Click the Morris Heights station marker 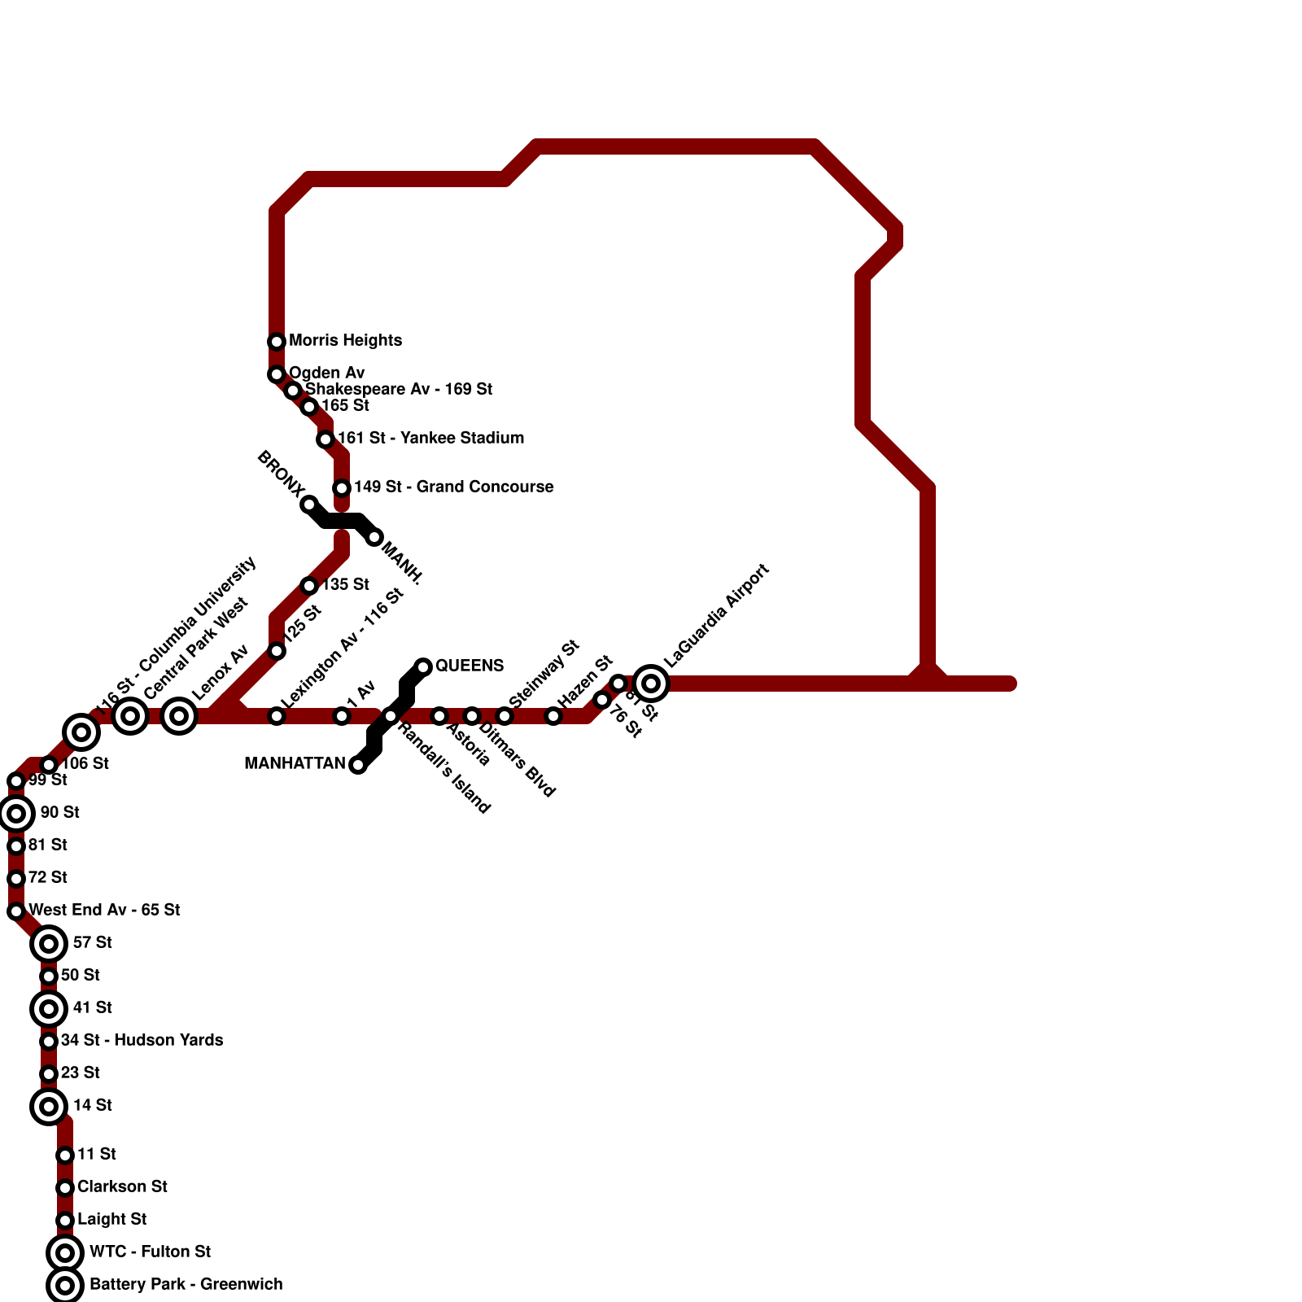(x=277, y=342)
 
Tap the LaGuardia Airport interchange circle (x=651, y=684)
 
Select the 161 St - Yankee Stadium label (x=430, y=439)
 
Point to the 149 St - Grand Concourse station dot (x=342, y=488)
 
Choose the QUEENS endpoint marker (x=423, y=667)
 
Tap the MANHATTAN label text (x=295, y=764)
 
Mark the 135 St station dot (x=309, y=586)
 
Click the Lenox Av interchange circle (x=179, y=716)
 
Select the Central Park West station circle (x=130, y=716)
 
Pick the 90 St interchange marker (x=16, y=814)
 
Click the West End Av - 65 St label (x=104, y=910)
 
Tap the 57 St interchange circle (x=49, y=944)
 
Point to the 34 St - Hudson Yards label (x=142, y=1040)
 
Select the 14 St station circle (x=49, y=1107)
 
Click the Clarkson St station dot (x=65, y=1188)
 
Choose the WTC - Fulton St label (x=150, y=1252)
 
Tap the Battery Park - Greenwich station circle (x=65, y=1286)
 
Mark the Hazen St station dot (x=553, y=716)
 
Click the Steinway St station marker (x=505, y=716)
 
